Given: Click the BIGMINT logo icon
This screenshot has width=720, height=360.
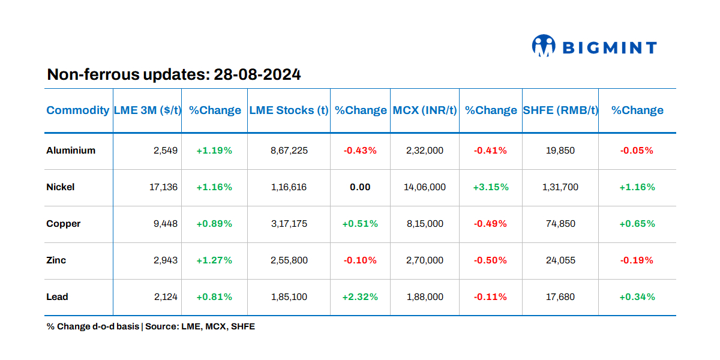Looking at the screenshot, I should [544, 46].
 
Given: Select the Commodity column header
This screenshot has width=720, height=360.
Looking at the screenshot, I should [78, 110].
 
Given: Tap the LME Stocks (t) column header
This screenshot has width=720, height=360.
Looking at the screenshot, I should [289, 110].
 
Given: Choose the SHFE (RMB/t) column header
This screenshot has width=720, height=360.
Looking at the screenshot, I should [560, 110].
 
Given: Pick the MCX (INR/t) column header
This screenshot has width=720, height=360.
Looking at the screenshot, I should [425, 110].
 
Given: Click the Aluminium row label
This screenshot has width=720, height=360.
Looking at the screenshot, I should [71, 151].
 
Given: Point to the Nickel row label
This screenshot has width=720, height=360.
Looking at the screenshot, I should [61, 187].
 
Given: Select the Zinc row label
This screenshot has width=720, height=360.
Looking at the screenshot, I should [56, 260].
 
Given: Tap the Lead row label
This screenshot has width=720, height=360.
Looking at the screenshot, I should [58, 297].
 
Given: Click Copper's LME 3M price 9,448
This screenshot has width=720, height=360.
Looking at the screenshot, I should [166, 224].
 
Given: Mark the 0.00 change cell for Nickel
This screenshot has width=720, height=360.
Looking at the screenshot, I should [360, 187].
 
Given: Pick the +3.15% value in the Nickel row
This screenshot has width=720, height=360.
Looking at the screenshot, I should [490, 187].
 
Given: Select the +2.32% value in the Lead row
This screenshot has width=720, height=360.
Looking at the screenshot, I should [360, 297].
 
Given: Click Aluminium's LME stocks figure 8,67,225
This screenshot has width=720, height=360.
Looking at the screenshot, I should [289, 151].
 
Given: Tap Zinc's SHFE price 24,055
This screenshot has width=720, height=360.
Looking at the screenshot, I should [560, 260].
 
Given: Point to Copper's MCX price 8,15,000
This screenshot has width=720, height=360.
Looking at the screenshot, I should [425, 224].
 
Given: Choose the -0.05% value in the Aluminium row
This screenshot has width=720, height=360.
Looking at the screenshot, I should [637, 151].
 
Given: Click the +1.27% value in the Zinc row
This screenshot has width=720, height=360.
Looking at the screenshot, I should [214, 260].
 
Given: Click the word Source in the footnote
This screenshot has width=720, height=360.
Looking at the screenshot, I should [161, 327].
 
